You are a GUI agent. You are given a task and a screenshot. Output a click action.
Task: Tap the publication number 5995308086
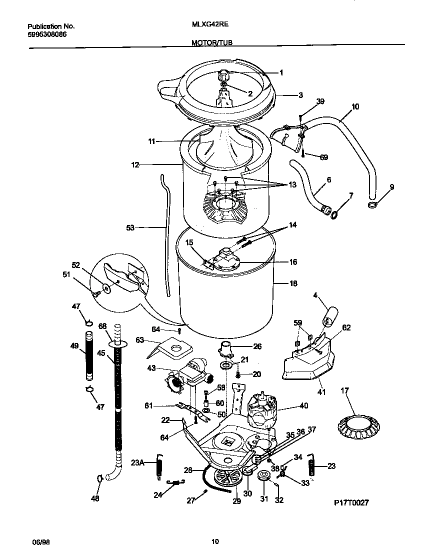pyautogui.click(x=47, y=34)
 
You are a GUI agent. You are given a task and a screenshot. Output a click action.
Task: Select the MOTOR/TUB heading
pyautogui.click(x=211, y=43)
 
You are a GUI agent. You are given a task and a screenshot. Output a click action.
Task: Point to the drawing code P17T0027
pyautogui.click(x=351, y=503)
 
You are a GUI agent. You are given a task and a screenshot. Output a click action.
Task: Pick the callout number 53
pyautogui.click(x=131, y=227)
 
